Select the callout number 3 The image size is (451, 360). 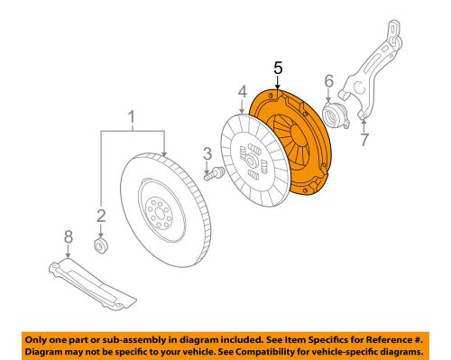[206, 152]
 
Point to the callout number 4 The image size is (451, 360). [242, 91]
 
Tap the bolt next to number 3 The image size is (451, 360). [214, 176]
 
